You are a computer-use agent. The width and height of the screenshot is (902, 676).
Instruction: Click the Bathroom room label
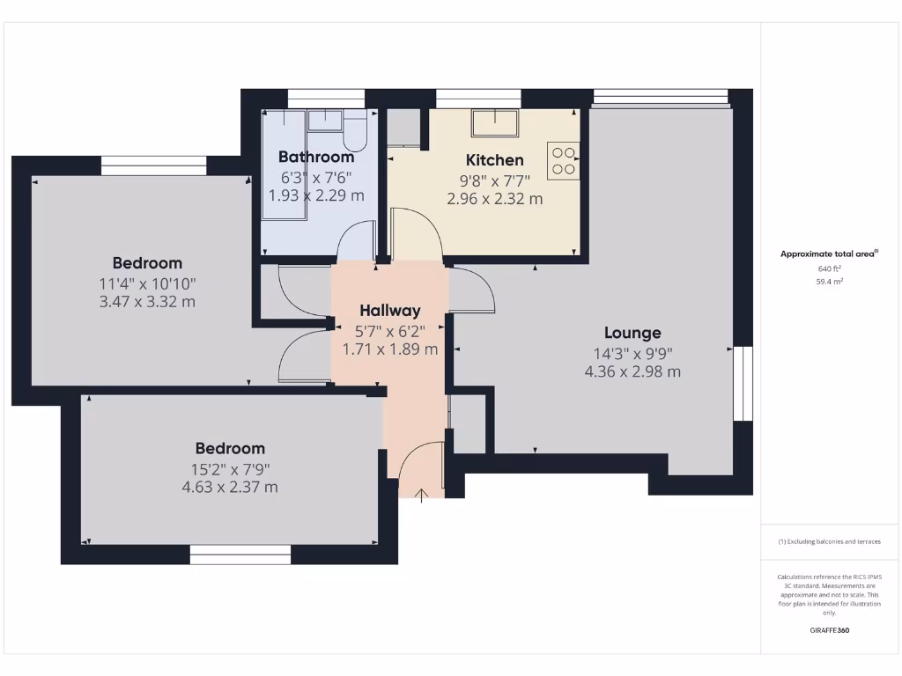(316, 157)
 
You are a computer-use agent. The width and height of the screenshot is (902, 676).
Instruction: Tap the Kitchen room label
(494, 160)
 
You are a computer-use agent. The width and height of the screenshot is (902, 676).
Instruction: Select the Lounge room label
(632, 333)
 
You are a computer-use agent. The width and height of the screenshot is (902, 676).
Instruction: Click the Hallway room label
(389, 310)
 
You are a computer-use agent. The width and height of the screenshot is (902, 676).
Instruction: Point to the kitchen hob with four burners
(564, 161)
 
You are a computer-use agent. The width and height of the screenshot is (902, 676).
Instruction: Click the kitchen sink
(495, 122)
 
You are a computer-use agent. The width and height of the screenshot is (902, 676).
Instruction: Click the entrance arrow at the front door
(421, 494)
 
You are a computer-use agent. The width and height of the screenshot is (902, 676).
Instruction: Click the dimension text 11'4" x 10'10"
(147, 283)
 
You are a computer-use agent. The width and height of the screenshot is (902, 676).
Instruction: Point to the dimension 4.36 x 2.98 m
(632, 371)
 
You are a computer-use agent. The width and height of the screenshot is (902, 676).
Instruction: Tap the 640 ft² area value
(829, 269)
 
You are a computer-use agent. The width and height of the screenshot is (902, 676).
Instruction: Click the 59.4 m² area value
(829, 283)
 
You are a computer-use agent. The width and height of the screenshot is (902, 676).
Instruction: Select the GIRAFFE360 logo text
(829, 630)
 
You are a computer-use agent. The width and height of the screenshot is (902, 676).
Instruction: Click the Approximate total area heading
(829, 253)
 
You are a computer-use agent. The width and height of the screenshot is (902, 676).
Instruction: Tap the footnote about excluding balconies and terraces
(829, 542)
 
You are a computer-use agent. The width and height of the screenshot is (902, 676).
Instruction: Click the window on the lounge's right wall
(744, 383)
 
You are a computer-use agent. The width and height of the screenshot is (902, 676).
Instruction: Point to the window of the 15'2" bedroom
(240, 555)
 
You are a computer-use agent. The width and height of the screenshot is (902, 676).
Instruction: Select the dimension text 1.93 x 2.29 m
(316, 195)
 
